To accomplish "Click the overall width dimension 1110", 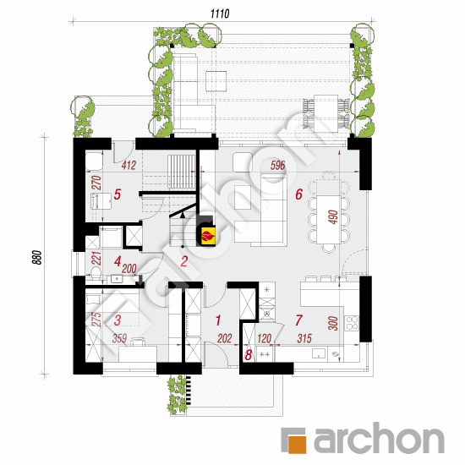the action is pos(220,14).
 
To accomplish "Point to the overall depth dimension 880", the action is pos(37,257).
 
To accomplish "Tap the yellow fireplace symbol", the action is pos(209,237).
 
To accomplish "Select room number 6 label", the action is pos(298,194).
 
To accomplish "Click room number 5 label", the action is pos(118,194).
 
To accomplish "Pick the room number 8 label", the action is pos(249,355).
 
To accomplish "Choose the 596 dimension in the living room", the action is pos(277,166).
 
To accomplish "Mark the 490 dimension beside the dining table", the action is pos(333,216).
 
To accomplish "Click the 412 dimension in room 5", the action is pos(129,165).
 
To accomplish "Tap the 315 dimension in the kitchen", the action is pos(304,338).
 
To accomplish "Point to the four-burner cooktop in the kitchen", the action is pos(352,323).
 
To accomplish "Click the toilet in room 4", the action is pos(96,273).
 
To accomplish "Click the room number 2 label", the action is pos(183,261).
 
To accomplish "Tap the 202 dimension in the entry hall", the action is pos(225,338).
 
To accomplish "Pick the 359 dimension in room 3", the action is pos(119,338).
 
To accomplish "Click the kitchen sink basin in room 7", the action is pos(319,353).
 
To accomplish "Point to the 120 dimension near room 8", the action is pos(264,338).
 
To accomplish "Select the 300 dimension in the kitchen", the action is pos(333,324).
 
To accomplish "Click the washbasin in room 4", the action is pos(118,279).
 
